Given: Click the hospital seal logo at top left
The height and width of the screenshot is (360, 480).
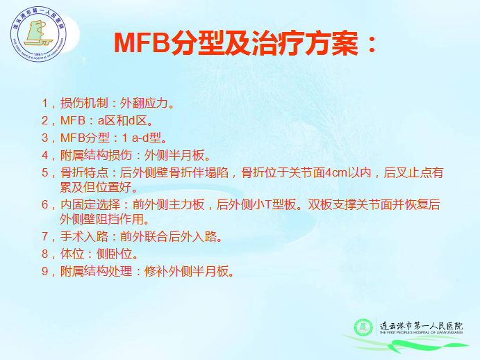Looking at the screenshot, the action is click(38, 34).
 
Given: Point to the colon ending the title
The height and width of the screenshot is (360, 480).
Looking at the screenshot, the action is click(372, 44).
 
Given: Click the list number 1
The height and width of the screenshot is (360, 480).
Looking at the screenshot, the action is click(45, 104).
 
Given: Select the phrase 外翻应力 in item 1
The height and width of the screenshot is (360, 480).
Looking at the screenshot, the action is click(144, 104).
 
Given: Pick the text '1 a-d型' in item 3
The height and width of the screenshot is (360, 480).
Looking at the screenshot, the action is click(142, 138).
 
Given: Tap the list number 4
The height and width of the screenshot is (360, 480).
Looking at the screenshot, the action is click(45, 156).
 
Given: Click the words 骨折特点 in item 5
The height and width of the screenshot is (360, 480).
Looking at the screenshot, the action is click(84, 173).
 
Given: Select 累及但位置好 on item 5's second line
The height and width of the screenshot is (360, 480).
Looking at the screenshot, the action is click(96, 187).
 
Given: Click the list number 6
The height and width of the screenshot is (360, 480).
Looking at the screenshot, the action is click(45, 204).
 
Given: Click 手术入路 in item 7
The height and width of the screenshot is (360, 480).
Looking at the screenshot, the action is click(84, 236).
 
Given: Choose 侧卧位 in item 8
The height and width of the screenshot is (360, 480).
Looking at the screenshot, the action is click(114, 254).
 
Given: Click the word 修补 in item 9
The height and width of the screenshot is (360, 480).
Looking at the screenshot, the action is click(156, 271).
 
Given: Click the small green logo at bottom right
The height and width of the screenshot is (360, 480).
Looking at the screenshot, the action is click(363, 327).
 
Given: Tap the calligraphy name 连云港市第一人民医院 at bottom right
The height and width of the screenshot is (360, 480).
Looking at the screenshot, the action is click(421, 326).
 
